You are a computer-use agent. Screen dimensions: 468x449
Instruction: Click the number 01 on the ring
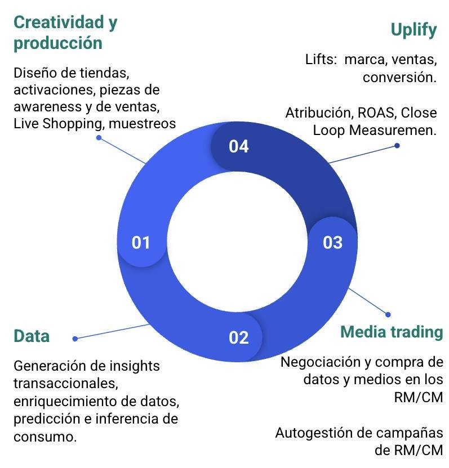coord(141,243)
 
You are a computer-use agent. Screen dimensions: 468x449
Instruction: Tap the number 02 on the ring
coord(239,337)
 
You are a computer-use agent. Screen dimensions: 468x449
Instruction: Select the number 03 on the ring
coord(332,242)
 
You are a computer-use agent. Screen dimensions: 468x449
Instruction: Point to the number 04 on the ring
coord(239,147)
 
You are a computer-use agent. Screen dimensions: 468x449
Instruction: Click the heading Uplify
coord(414,30)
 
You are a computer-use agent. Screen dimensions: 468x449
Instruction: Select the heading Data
coord(32,336)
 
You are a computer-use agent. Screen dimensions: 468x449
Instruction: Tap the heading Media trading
coord(392,332)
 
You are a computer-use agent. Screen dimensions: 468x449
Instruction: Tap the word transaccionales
coord(65,384)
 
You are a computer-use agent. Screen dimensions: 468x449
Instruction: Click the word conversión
coord(399,77)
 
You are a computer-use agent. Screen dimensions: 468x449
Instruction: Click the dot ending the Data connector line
coord(75,339)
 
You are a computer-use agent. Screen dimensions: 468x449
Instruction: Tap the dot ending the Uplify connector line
coord(397,146)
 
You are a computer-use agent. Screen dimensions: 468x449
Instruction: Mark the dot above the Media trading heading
coord(387,314)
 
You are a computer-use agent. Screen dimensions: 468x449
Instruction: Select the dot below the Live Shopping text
coord(99,137)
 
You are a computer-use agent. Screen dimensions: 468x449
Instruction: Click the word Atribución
coord(318,112)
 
